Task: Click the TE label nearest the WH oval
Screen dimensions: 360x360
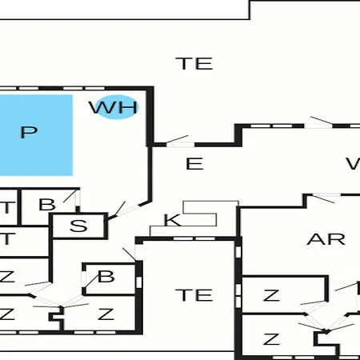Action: tap(194, 63)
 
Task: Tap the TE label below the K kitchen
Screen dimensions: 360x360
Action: tap(194, 295)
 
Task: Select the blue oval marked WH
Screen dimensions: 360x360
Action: tap(116, 107)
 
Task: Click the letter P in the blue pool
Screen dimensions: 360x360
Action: tap(29, 132)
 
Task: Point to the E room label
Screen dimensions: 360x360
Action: tap(194, 164)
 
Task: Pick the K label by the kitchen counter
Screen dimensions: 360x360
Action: tap(172, 220)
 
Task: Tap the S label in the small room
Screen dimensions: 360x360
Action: tap(78, 226)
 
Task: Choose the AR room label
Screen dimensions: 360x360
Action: tap(326, 239)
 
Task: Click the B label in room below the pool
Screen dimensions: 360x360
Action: tap(47, 205)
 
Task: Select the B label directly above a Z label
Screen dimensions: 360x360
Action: tap(106, 277)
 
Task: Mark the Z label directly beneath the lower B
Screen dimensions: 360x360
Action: tap(106, 314)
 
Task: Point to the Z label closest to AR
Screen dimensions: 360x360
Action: tap(271, 295)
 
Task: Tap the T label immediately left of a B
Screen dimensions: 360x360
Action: tap(8, 207)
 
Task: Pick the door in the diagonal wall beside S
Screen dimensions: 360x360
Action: tap(123, 210)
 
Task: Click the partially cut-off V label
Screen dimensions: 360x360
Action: tap(353, 164)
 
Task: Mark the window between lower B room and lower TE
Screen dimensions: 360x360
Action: tap(138, 282)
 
